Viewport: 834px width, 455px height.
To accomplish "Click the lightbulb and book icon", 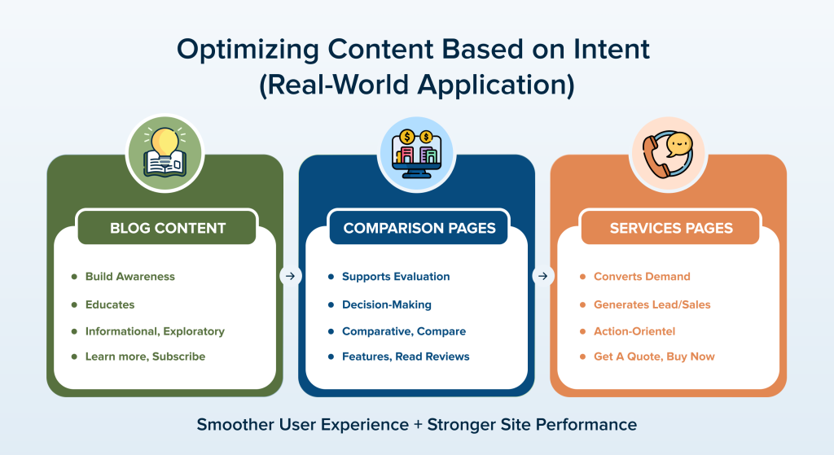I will point(165,152).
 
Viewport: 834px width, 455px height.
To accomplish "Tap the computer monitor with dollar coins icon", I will point(416,152).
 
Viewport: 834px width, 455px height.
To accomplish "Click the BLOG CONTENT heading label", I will point(168,228).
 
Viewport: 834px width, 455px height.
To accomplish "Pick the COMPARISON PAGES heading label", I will point(419,228).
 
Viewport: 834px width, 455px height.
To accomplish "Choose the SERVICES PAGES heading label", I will point(670,228).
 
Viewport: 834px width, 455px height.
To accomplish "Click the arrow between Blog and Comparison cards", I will point(291,276).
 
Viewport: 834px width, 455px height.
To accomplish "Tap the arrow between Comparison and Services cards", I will point(542,276).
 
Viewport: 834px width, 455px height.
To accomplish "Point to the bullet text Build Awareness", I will point(129,277).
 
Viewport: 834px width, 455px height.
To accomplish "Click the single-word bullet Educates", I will point(109,304).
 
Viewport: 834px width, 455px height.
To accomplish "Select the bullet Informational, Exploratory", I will point(154,331).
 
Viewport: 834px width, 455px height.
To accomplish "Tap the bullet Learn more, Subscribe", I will point(145,357).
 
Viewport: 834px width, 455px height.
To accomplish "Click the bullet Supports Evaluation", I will point(395,277).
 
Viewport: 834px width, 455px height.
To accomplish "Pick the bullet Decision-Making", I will point(386,304).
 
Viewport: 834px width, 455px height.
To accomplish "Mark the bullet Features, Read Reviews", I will point(405,357).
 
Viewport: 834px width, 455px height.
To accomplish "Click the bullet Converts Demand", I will point(641,277).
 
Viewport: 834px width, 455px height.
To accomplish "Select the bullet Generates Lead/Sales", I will point(652,304).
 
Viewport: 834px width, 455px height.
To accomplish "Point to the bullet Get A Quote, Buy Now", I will point(654,357).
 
